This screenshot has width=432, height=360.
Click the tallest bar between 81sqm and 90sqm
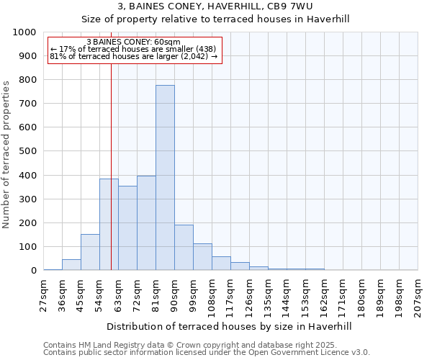click(x=165, y=178)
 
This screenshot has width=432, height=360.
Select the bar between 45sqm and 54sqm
click(x=90, y=252)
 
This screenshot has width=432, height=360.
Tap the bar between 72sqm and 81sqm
click(x=146, y=223)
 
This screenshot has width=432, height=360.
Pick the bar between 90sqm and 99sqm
click(x=184, y=248)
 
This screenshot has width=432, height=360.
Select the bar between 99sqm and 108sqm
click(x=202, y=257)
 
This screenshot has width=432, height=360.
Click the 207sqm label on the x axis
click(x=418, y=295)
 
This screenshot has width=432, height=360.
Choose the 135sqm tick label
click(x=268, y=295)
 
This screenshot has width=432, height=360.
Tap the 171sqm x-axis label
click(x=343, y=295)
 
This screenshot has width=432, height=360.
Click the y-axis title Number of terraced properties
click(x=6, y=154)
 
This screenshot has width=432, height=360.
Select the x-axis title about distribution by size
click(x=230, y=326)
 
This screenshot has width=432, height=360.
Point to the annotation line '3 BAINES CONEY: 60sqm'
click(x=133, y=42)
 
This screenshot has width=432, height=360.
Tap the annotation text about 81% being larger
click(x=133, y=56)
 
